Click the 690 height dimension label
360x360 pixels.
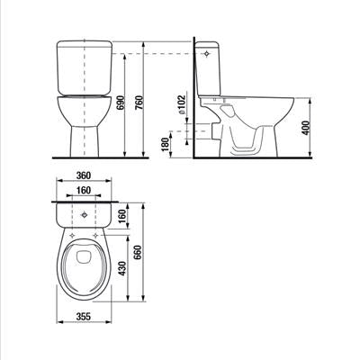tap(121, 103)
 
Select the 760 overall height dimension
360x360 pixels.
tap(139, 103)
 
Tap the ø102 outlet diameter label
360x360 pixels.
tap(182, 104)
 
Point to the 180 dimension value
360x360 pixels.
tap(166, 146)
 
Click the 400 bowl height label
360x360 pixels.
tap(305, 128)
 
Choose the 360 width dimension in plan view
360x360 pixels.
tap(83, 175)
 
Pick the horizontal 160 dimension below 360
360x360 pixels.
tap(83, 190)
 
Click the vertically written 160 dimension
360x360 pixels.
tap(122, 216)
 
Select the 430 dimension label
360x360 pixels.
tap(122, 268)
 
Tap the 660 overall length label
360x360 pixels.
tap(138, 253)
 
